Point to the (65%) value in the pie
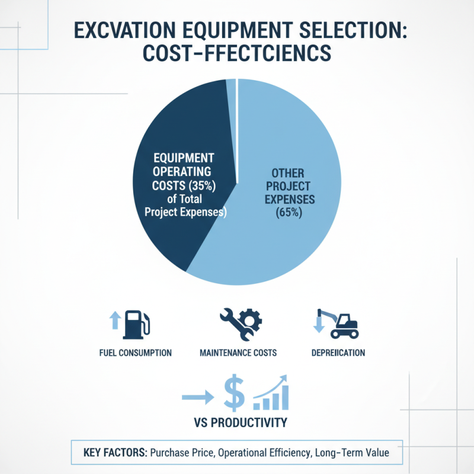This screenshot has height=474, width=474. click(x=289, y=213)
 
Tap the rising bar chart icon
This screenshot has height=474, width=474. click(x=271, y=393)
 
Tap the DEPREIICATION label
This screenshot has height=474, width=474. click(x=338, y=353)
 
